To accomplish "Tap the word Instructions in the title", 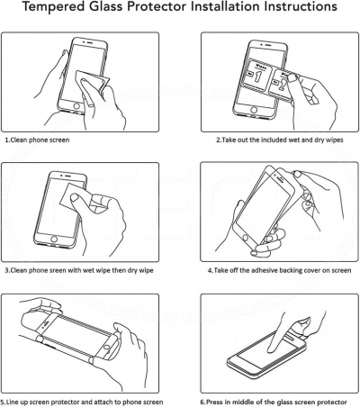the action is [301, 6].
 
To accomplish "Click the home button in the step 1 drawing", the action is [76, 106].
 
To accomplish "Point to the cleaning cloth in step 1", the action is [93, 84].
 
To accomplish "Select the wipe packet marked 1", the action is [258, 76].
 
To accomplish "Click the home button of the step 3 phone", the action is [54, 240].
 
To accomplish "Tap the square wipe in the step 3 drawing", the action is [76, 195].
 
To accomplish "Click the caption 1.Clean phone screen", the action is [37, 140].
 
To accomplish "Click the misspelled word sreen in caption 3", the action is [57, 270].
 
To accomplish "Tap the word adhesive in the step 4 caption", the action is [265, 270].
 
